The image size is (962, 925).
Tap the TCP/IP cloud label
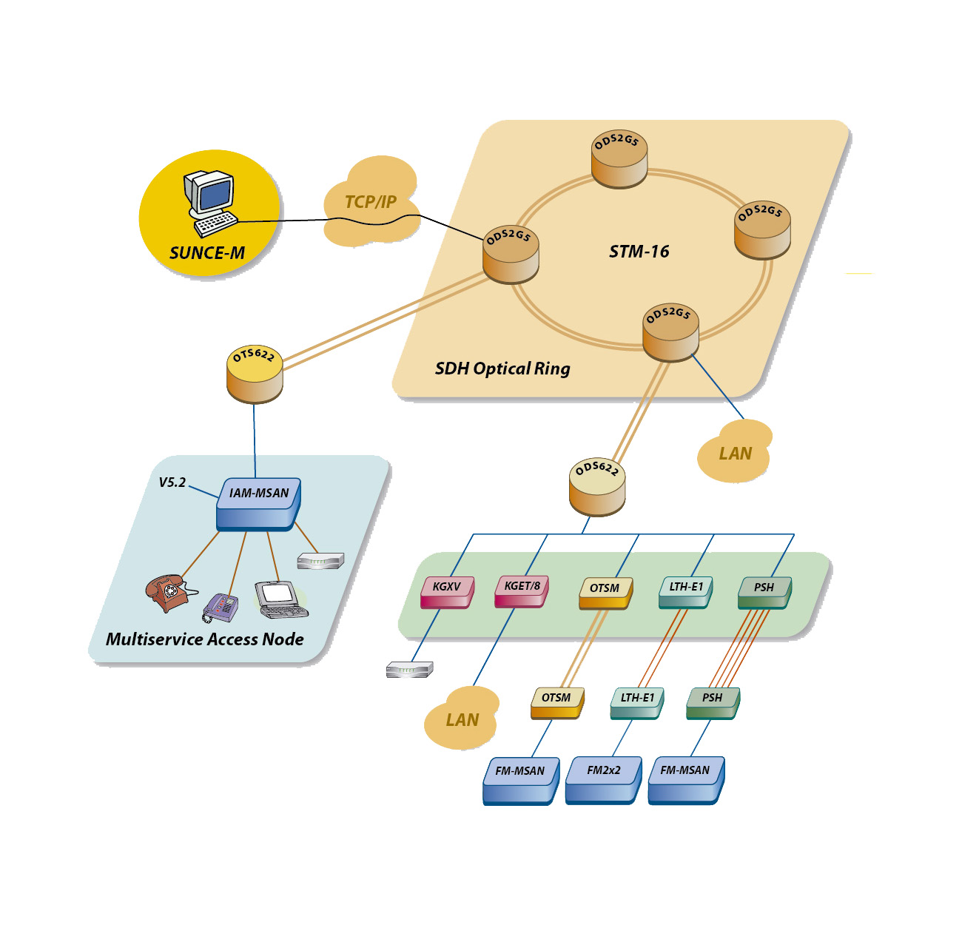click(371, 202)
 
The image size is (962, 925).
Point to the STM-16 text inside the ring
click(639, 252)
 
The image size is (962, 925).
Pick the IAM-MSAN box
click(259, 502)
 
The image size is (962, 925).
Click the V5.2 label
click(172, 482)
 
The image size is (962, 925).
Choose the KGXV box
click(446, 591)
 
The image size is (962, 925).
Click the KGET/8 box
click(522, 591)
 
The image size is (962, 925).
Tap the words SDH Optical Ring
click(502, 369)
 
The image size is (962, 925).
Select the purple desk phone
click(221, 608)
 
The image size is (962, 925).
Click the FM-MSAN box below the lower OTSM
click(520, 778)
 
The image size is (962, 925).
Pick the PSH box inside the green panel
click(764, 592)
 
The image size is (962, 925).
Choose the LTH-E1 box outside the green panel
click(637, 702)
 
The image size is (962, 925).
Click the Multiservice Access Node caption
click(204, 639)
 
